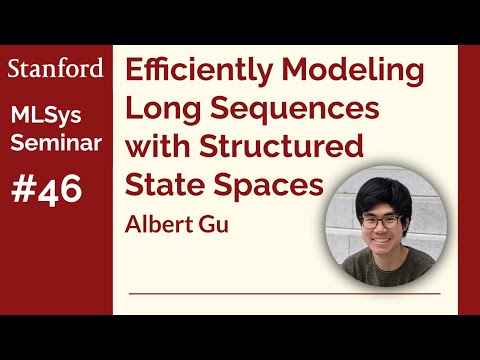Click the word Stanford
coord(55,68)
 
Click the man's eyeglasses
coord(384,223)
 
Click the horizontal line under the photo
coord(285,295)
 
